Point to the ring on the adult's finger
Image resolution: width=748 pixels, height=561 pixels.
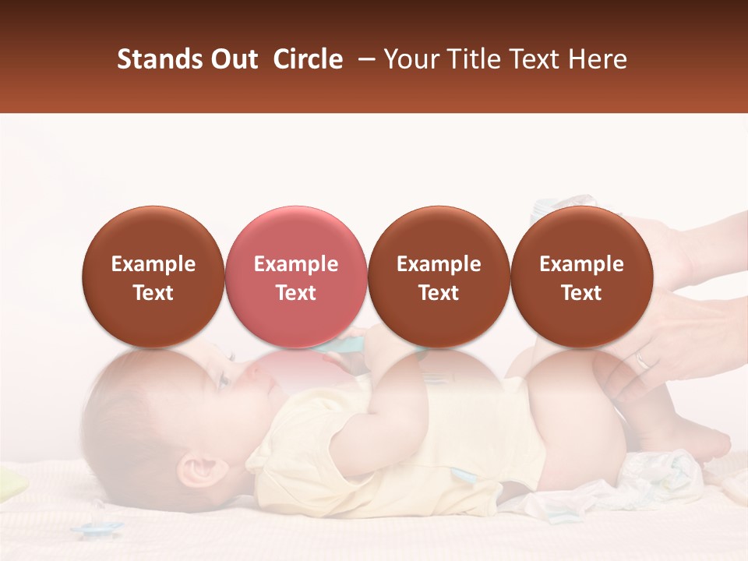641,360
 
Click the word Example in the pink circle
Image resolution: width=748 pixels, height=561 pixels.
296,264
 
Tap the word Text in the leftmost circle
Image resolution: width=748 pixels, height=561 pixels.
153,293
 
